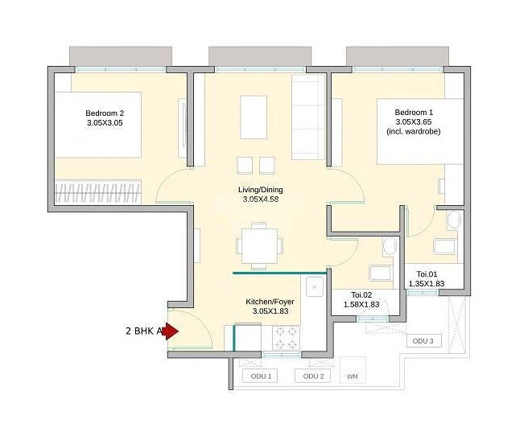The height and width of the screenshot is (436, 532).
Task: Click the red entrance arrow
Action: click(x=171, y=331)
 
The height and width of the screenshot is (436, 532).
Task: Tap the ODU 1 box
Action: click(x=260, y=376)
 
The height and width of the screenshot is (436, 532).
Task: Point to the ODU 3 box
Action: click(x=423, y=341)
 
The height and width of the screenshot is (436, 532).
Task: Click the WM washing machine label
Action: click(x=352, y=376)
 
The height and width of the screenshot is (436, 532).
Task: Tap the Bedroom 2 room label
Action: click(x=105, y=113)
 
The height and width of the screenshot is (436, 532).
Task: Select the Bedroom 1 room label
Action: click(x=414, y=112)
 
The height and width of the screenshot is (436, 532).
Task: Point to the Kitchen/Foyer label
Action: click(x=267, y=302)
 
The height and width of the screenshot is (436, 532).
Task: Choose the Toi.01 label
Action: click(x=427, y=274)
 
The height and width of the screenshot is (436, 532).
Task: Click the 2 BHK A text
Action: click(x=144, y=331)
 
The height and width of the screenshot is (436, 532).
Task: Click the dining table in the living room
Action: click(x=258, y=243)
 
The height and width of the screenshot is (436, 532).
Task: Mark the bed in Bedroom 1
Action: click(x=423, y=131)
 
